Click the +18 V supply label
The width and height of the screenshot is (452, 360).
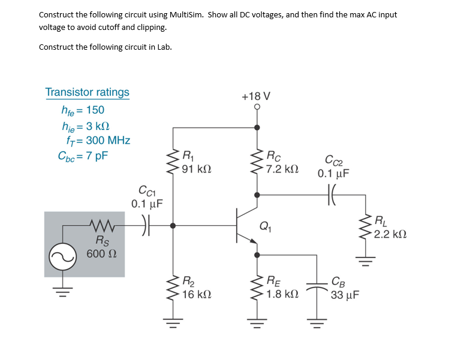click(x=256, y=96)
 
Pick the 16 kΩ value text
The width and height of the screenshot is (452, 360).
click(x=196, y=295)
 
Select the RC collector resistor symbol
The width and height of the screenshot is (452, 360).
click(x=258, y=161)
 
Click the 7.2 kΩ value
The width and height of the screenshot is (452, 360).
click(x=282, y=170)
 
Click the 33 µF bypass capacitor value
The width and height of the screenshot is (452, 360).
click(x=346, y=295)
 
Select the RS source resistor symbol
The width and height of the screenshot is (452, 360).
click(x=98, y=225)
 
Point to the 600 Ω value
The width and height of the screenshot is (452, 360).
click(x=97, y=253)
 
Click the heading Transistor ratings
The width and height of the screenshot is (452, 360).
click(x=88, y=92)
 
